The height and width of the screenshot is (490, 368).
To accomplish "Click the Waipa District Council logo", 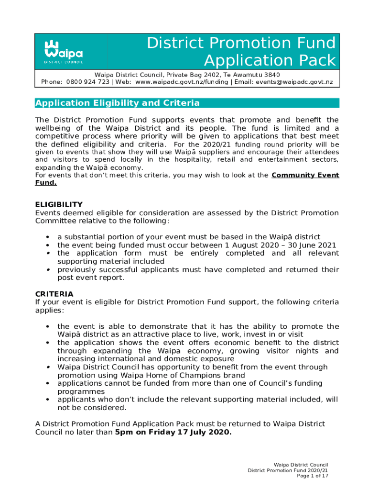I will [64, 51].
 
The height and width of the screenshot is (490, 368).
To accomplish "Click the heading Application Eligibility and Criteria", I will [118, 103].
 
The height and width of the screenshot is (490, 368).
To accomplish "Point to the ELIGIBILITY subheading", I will [59, 204].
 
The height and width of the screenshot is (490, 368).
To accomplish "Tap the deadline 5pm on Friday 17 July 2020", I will [173, 433].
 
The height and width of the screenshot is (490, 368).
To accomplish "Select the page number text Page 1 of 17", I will [312, 476].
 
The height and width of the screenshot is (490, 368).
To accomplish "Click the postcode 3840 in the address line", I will [271, 75].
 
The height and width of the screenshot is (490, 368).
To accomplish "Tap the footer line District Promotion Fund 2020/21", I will [288, 470].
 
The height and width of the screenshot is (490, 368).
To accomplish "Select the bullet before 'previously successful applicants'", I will [48, 270].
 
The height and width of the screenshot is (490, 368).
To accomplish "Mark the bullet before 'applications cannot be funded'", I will [48, 383].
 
